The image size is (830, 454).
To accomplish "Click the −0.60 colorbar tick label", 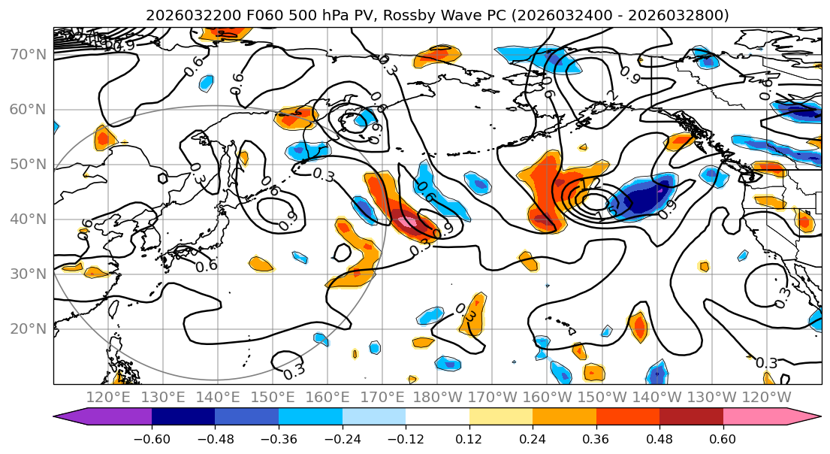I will [151, 439].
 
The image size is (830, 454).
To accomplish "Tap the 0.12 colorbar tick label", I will [469, 439].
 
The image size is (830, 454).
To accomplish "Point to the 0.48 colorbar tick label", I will [659, 439].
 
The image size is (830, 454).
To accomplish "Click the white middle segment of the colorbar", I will [437, 417].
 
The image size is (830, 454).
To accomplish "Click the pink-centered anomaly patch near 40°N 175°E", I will [406, 222].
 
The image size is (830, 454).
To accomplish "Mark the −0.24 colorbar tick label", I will [342, 439].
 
